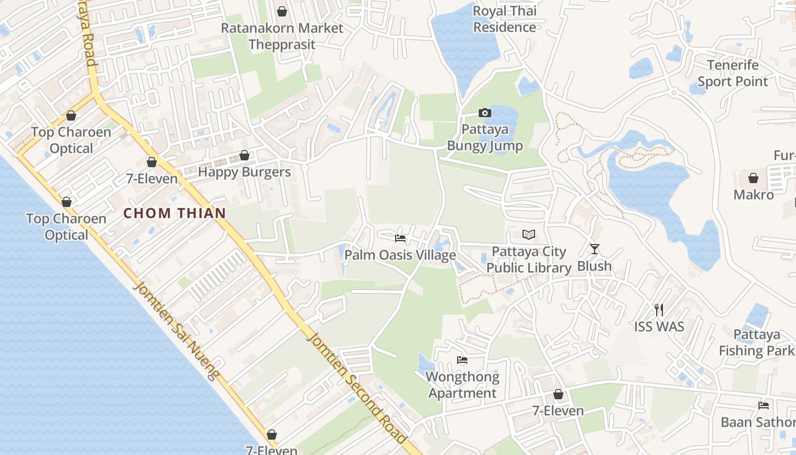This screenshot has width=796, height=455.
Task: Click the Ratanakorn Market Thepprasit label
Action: (282, 36)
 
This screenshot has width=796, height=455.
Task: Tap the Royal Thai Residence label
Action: (504, 19)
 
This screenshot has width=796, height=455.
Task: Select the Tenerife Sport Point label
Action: (732, 73)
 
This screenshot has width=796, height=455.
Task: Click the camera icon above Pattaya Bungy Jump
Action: (484, 113)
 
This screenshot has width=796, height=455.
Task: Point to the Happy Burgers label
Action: (244, 172)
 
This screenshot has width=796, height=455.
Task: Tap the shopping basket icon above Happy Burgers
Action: (244, 155)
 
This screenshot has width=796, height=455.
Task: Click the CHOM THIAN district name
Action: (175, 213)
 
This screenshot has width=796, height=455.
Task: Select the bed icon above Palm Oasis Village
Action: (400, 238)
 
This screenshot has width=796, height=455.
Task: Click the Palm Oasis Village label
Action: (400, 255)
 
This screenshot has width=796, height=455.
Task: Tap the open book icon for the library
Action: (529, 234)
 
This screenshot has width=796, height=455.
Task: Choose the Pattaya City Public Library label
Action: (529, 260)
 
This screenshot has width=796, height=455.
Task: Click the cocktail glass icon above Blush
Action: (595, 249)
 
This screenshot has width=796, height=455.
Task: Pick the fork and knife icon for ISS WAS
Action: (659, 310)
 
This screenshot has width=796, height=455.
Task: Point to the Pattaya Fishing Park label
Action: (756, 342)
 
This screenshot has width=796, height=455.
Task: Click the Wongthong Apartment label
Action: (462, 385)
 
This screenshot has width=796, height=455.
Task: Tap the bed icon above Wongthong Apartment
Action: (462, 360)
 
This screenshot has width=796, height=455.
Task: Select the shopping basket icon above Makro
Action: (753, 178)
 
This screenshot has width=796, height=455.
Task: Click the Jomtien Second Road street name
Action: (356, 387)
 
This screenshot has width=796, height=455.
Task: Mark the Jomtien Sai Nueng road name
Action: (176, 330)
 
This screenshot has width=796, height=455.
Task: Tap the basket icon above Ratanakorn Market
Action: (281, 11)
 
